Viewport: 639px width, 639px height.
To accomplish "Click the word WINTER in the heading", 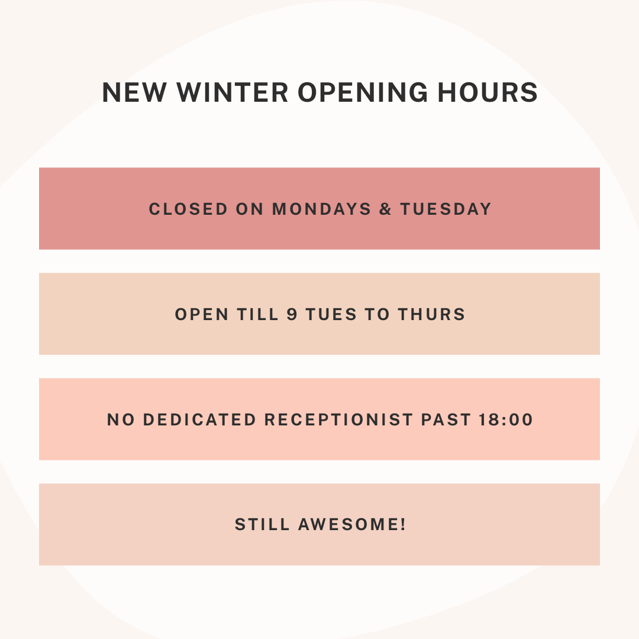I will [233, 93].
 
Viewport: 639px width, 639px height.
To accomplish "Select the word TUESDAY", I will [446, 209].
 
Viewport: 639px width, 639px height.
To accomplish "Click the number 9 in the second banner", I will [292, 314].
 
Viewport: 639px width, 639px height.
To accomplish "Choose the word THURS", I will [431, 314].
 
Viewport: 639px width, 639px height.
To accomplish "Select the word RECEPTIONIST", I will [338, 419].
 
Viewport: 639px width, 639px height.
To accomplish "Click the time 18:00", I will [504, 419].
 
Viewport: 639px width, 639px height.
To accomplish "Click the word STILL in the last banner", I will [262, 524].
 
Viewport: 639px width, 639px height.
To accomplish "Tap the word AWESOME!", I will [352, 524].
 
